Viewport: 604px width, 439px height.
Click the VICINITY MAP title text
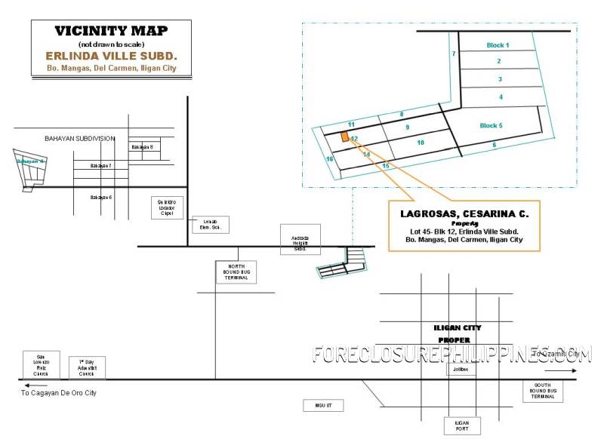pyautogui.click(x=111, y=31)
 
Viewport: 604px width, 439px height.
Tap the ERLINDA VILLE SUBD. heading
pyautogui.click(x=111, y=56)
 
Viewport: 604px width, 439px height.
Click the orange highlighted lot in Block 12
pyautogui.click(x=344, y=137)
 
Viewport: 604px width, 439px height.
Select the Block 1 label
pyautogui.click(x=498, y=45)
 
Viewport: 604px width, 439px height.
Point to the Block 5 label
pyautogui.click(x=491, y=126)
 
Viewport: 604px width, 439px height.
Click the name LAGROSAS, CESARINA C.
pyautogui.click(x=464, y=214)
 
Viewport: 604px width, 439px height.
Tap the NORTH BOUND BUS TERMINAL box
pyautogui.click(x=236, y=272)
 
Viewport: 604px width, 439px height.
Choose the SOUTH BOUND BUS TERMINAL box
pyautogui.click(x=543, y=391)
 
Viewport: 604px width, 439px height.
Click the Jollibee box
pyautogui.click(x=461, y=370)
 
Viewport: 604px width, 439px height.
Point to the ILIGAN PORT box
pyautogui.click(x=462, y=426)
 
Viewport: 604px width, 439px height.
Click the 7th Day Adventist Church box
pyautogui.click(x=87, y=367)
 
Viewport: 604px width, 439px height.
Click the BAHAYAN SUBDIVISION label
pyautogui.click(x=79, y=138)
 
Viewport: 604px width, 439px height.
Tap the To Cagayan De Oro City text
pyautogui.click(x=59, y=393)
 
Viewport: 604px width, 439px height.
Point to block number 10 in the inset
pyautogui.click(x=421, y=142)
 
